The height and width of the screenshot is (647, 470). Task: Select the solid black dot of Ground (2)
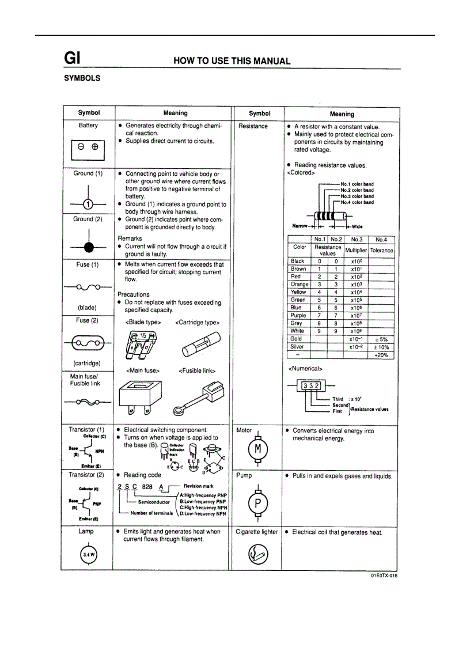click(x=88, y=247)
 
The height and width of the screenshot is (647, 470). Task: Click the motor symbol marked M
click(x=258, y=449)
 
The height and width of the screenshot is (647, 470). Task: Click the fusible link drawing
click(x=197, y=398)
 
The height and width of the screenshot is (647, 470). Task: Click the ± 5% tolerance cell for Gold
click(x=381, y=339)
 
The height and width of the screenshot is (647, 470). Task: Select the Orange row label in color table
click(x=300, y=285)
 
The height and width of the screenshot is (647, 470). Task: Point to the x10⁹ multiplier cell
click(x=355, y=331)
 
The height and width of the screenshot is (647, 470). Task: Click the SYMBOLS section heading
click(x=82, y=78)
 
